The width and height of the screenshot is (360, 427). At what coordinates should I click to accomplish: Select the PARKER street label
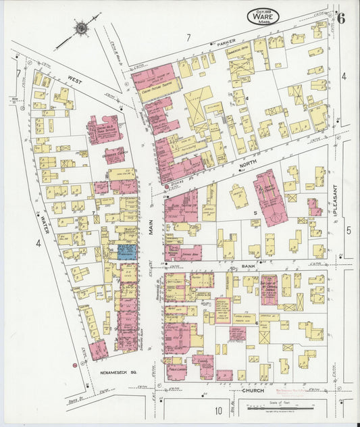(x=226, y=43)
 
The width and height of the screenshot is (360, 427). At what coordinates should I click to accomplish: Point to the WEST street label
(x=74, y=79)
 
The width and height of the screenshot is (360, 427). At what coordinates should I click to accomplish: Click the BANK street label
(x=247, y=267)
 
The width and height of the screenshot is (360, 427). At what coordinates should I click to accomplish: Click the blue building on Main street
(x=127, y=251)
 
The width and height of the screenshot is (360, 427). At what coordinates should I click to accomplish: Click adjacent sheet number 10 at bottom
(x=218, y=410)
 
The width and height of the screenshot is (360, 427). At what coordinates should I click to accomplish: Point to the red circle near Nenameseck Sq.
(x=74, y=365)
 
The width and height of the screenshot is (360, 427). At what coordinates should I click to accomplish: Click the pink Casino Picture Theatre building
(x=155, y=79)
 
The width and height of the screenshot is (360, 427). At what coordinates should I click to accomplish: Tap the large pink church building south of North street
(x=270, y=196)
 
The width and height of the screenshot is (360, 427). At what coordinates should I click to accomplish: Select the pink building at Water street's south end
(x=97, y=350)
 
